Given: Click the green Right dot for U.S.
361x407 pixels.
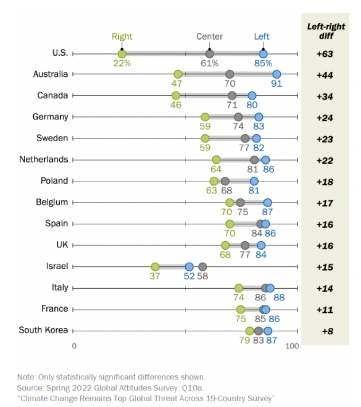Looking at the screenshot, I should (x=122, y=54).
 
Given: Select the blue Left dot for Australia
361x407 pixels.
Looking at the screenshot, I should (x=277, y=75).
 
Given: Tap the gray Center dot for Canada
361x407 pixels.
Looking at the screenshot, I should (x=232, y=96).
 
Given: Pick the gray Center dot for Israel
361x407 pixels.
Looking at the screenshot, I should (x=203, y=267).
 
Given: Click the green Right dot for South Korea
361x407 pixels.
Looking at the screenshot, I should (x=250, y=331).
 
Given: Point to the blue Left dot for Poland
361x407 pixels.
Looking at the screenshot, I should (x=254, y=181).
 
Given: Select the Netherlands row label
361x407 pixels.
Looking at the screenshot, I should (x=44, y=159).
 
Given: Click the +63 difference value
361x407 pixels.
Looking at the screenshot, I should (x=325, y=55).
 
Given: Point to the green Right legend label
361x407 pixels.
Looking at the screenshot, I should (x=122, y=37).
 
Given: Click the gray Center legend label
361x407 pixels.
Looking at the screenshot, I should (x=209, y=37).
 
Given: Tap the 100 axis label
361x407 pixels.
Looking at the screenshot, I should (x=292, y=346).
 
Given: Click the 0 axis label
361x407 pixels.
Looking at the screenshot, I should (x=74, y=346).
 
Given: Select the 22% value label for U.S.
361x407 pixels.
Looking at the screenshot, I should (x=122, y=64).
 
